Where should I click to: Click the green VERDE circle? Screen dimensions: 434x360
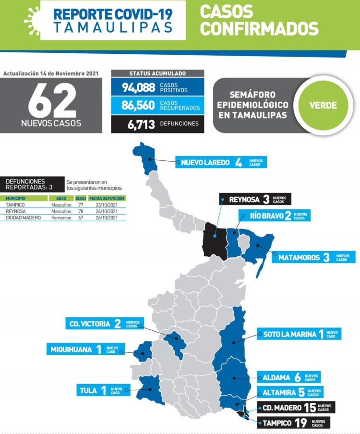coord(323,106)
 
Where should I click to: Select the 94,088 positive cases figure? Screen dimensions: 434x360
coord(138,87)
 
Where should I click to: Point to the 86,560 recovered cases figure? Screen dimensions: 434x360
coord(138,106)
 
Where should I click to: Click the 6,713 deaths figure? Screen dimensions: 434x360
coord(141,124)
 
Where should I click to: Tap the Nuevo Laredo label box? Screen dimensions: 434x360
coord(220,162)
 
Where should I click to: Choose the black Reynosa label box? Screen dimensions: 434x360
coord(255,199)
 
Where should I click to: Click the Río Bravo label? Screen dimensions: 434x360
coord(274,216)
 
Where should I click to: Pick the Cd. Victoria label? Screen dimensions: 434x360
coord(101,324)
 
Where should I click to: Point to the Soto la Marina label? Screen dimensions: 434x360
coord(299,334)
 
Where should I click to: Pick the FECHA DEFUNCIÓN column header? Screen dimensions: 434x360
coord(107,198)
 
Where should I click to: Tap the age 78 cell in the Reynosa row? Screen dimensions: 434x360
coord(81,211)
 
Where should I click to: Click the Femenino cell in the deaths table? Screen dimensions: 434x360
coord(61,217)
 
